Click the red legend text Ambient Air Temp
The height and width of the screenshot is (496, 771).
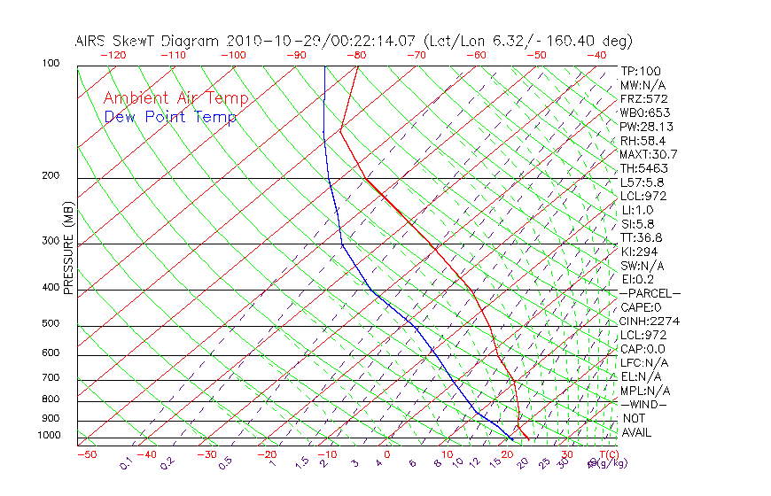(176, 98)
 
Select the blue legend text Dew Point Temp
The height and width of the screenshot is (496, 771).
(170, 117)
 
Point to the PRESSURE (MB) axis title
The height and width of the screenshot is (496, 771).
(68, 253)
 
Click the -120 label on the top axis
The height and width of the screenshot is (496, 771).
(113, 55)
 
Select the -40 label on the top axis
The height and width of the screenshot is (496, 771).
(596, 55)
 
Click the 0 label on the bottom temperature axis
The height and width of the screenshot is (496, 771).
(387, 454)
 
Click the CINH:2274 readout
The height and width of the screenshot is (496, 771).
(650, 322)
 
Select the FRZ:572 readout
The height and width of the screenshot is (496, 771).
(644, 98)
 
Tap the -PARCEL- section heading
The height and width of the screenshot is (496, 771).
(650, 293)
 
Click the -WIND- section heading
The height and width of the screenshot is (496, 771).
(644, 404)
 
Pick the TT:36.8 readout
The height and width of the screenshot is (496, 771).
(642, 237)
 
